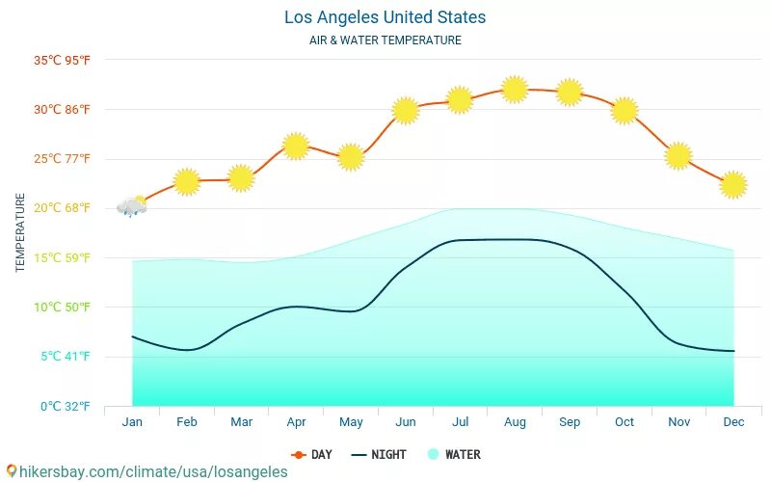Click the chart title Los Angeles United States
tap(385, 17)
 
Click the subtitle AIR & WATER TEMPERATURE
tap(385, 40)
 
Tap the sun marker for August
tap(515, 90)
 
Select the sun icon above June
tap(406, 111)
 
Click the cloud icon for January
tap(132, 206)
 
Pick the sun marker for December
tap(733, 184)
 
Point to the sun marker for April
tap(296, 147)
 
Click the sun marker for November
tap(678, 155)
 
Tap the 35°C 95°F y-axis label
tap(62, 60)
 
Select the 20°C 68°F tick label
tap(62, 208)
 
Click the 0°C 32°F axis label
tap(65, 407)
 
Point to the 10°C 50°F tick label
tap(62, 308)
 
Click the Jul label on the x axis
tap(460, 422)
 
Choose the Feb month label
tap(187, 422)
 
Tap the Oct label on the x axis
tap(625, 422)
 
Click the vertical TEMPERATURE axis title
tap(20, 232)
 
